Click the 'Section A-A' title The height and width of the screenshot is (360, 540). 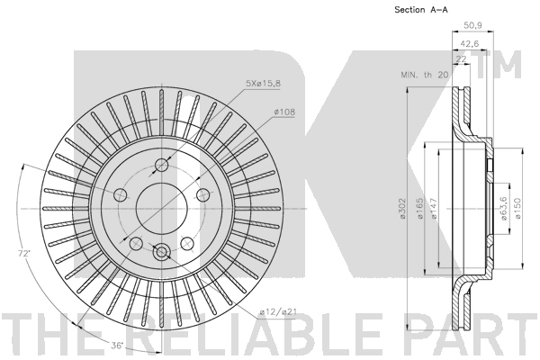coord(421,10)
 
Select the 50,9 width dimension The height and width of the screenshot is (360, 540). coord(472,25)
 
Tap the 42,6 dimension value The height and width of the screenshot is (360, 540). coord(470,44)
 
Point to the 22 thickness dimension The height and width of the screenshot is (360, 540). coord(461,58)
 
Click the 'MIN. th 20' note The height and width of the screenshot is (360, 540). coord(424,75)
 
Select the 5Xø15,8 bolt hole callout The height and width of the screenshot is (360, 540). coord(263,83)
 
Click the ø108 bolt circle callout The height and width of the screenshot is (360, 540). coord(284,112)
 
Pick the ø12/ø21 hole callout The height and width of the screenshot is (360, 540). coord(278,312)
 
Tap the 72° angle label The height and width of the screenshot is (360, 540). coord(23,254)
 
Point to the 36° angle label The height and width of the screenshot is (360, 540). coord(117,345)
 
